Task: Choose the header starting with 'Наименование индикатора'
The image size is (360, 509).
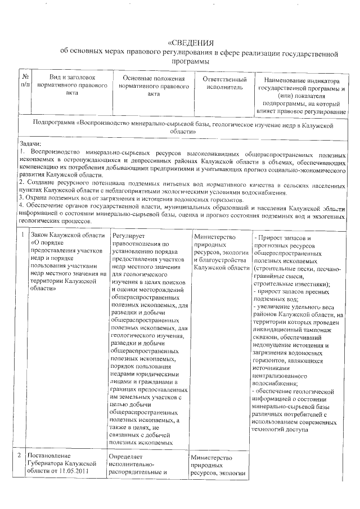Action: [302, 96]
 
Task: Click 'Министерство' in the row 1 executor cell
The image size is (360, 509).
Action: [214, 237]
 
